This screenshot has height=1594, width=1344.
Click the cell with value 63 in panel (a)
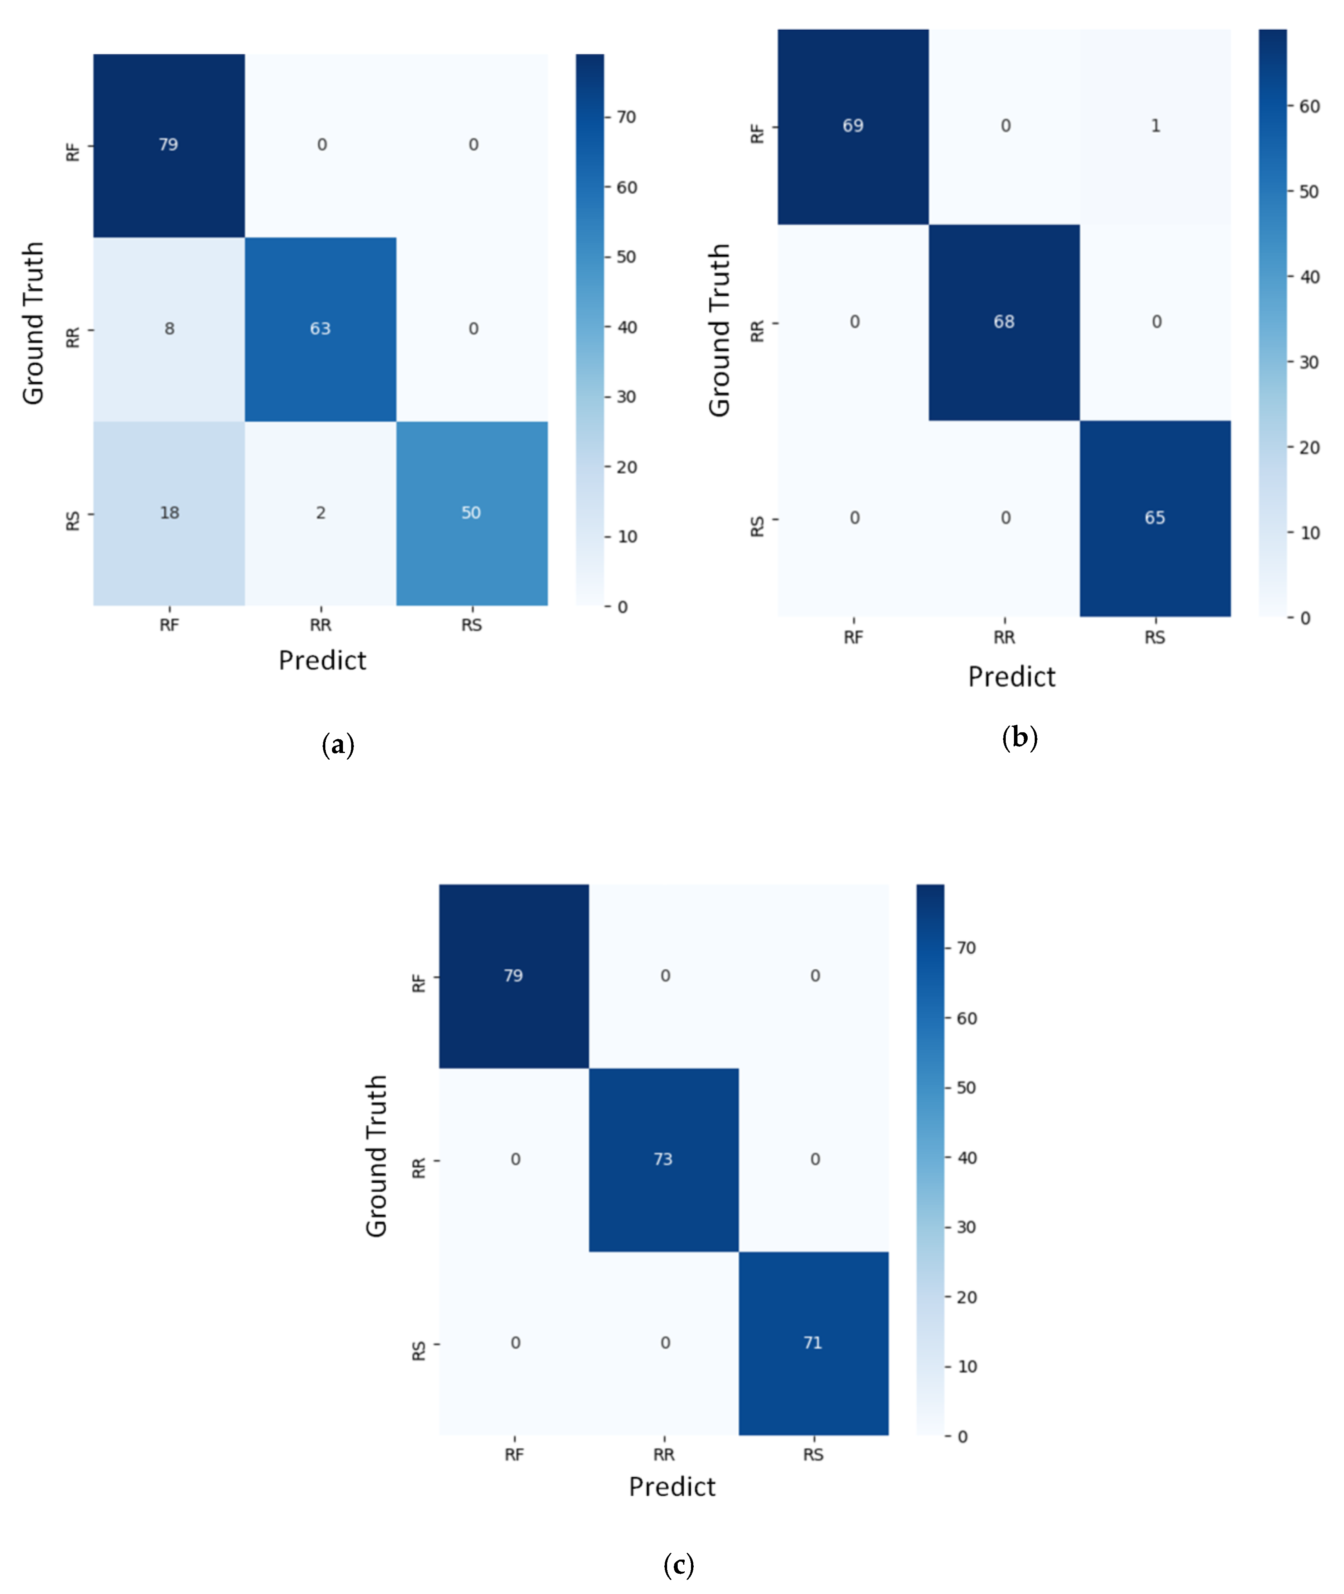(320, 329)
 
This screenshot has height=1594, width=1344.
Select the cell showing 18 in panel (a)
(169, 513)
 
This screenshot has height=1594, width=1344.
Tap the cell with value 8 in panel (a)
(169, 329)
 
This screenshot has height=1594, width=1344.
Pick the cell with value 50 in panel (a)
(471, 513)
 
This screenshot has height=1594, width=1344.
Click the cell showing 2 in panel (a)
(320, 513)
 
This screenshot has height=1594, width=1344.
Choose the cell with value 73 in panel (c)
(663, 1159)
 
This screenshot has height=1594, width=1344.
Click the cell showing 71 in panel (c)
(813, 1342)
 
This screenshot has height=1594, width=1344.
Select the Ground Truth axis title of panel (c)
(377, 1156)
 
